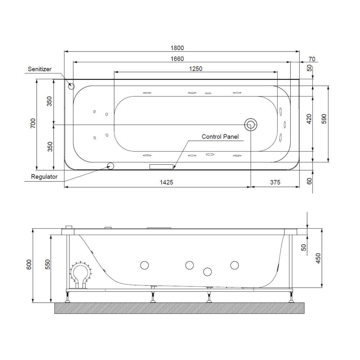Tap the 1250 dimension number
coord(196,69)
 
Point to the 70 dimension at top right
coord(312,59)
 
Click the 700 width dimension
coord(33,124)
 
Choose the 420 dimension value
coord(309,119)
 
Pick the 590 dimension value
coord(324,119)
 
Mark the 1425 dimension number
coord(167,183)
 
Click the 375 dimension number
coord(275,183)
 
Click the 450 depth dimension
coord(318,258)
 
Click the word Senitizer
coord(40,69)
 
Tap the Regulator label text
coord(44,177)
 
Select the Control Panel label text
coord(220,137)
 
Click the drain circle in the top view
coord(251,125)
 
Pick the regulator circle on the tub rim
coord(111,166)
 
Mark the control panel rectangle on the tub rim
coord(162,166)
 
